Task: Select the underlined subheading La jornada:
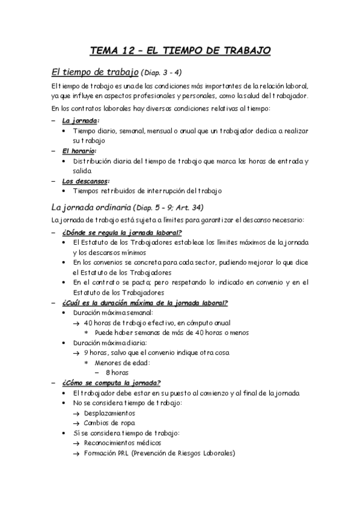[x=81, y=120]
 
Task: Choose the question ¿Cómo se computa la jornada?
[x=111, y=382]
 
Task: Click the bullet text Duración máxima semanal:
[x=113, y=313]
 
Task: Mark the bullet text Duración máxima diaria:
[x=109, y=342]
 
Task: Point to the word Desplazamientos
[x=109, y=413]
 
